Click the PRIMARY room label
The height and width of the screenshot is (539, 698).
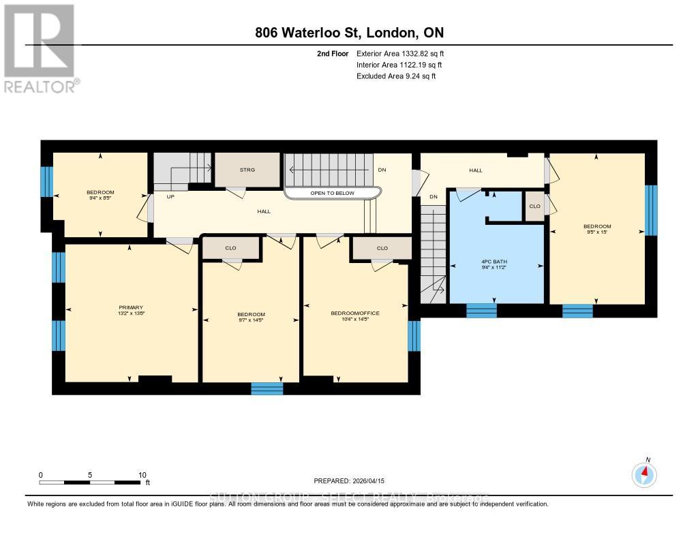(130, 307)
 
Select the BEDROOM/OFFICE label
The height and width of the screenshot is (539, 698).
(354, 313)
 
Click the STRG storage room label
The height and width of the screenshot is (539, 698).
(247, 170)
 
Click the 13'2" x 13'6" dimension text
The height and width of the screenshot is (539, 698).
(130, 314)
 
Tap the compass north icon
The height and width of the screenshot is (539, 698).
(644, 472)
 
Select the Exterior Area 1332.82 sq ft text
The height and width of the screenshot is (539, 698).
(401, 53)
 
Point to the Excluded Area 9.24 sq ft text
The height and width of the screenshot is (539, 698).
(396, 76)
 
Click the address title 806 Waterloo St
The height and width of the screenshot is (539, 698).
(348, 33)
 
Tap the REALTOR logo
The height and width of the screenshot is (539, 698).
(40, 48)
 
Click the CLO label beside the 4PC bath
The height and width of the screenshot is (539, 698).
(534, 206)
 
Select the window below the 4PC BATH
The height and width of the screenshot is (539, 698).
(481, 311)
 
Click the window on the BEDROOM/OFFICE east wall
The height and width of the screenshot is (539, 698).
(414, 335)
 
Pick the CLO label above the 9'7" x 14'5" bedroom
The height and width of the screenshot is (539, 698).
(230, 248)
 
